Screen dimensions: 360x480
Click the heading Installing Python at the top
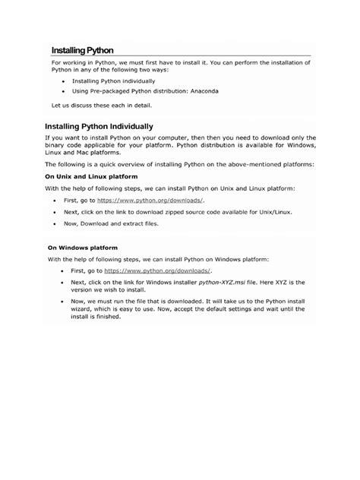coord(82,49)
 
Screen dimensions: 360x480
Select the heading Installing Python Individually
coord(99,126)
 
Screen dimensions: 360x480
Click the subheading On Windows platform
coord(84,247)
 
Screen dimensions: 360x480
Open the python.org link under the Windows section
coord(158,270)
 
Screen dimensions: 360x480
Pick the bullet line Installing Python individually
coord(113,80)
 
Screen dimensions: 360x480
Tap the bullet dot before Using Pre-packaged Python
coord(61,91)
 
